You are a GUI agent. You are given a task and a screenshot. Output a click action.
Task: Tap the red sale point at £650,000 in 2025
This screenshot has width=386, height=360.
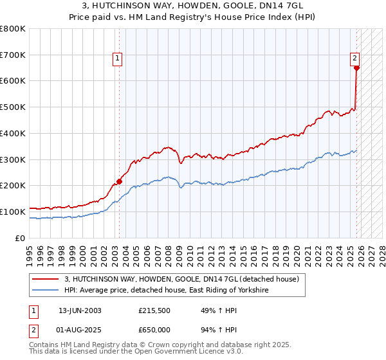[x=356, y=67]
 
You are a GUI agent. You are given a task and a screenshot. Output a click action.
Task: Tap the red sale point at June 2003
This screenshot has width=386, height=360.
[x=119, y=181]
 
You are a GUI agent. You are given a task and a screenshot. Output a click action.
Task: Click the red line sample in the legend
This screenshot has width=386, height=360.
[x=46, y=280]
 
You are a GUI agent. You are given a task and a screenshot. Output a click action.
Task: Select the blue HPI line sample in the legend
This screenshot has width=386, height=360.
[x=46, y=291]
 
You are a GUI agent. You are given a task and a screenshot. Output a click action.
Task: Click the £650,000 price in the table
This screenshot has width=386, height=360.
[x=155, y=330]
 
